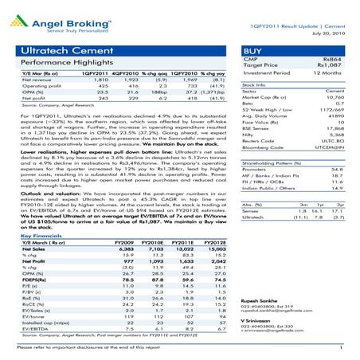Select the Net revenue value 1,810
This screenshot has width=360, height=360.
(x=86, y=80)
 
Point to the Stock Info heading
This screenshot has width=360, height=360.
(x=255, y=84)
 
